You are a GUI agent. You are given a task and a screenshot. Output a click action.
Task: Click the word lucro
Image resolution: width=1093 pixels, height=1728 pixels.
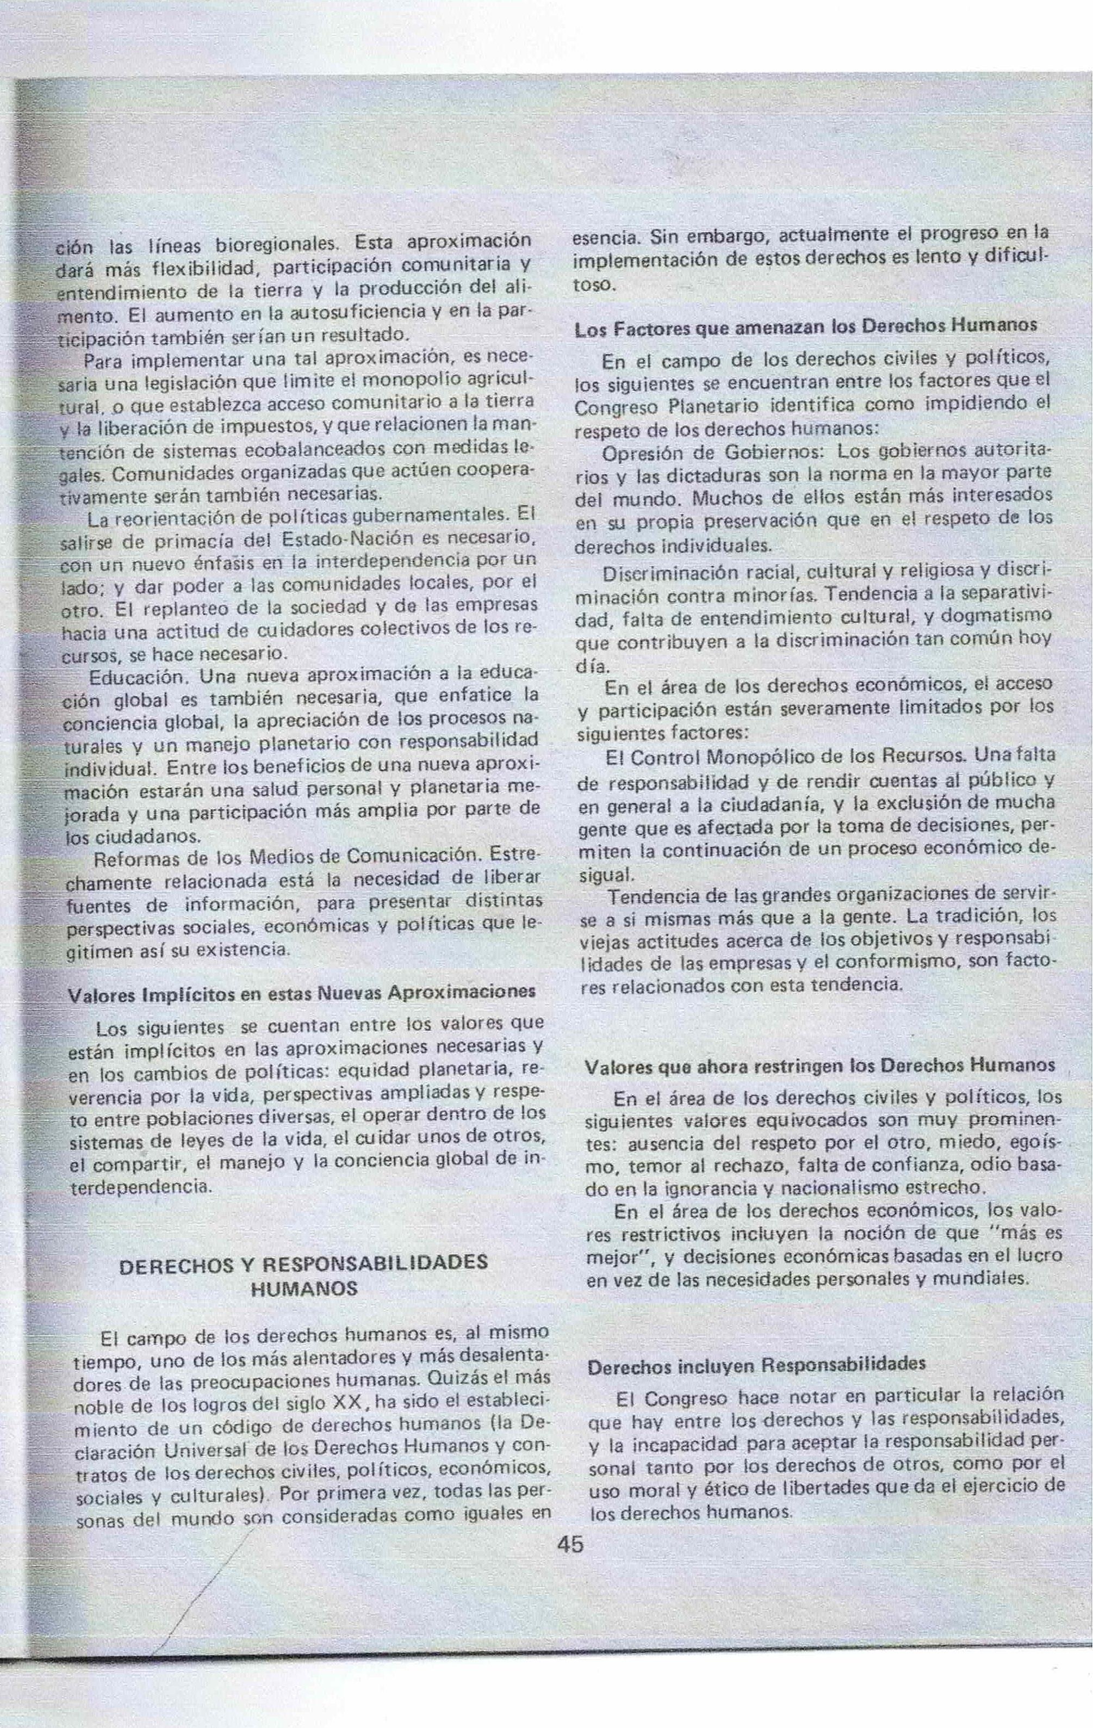1034,1255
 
